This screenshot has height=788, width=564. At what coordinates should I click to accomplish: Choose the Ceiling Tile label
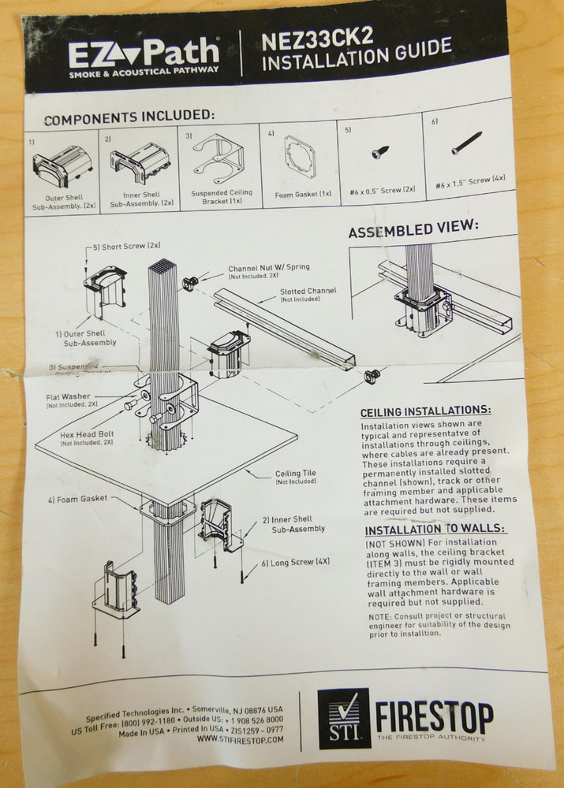(x=295, y=475)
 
